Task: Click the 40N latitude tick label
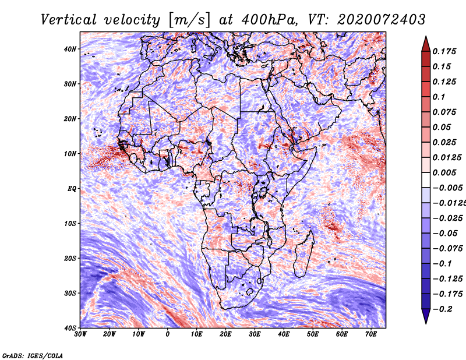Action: pyautogui.click(x=69, y=49)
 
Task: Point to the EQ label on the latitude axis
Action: pyautogui.click(x=72, y=189)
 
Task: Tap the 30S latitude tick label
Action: pyautogui.click(x=69, y=294)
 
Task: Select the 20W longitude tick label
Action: pyautogui.click(x=110, y=334)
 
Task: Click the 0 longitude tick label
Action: pyautogui.click(x=168, y=334)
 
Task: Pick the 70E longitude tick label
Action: pyautogui.click(x=371, y=334)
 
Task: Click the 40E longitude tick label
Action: pyautogui.click(x=284, y=334)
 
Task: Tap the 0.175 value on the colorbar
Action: pyautogui.click(x=444, y=51)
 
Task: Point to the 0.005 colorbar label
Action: pyautogui.click(x=444, y=172)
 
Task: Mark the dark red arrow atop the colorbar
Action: pyautogui.click(x=426, y=44)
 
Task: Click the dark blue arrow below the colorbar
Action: pyautogui.click(x=426, y=316)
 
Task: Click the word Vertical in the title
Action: pyautogui.click(x=69, y=20)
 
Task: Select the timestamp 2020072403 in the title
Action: pyautogui.click(x=382, y=20)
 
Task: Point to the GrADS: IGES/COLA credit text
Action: pyautogui.click(x=33, y=355)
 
